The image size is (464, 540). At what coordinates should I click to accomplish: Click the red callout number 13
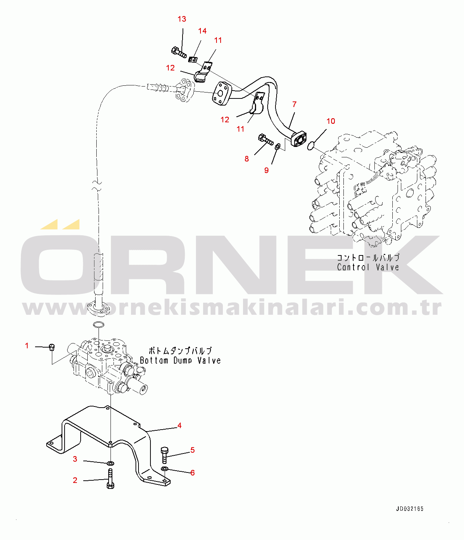click(182, 19)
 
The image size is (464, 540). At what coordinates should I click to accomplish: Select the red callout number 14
click(202, 31)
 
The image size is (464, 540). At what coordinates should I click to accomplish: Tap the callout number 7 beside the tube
click(295, 104)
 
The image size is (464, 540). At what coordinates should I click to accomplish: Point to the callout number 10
click(331, 121)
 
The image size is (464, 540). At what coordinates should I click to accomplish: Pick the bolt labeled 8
click(265, 140)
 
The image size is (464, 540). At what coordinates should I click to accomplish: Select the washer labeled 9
click(277, 147)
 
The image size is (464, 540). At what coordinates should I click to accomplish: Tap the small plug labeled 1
click(52, 348)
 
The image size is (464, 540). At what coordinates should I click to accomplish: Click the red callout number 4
click(180, 426)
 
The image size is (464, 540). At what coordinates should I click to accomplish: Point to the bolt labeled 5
click(165, 455)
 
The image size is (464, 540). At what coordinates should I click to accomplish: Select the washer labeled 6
click(165, 469)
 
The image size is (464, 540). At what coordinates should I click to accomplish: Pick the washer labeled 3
click(110, 463)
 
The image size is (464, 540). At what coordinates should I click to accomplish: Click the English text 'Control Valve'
click(368, 267)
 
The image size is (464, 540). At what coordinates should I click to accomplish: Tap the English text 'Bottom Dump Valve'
click(180, 361)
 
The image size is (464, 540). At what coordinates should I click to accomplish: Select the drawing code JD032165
click(409, 509)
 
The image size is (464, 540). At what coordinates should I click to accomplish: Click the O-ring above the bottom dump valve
click(98, 324)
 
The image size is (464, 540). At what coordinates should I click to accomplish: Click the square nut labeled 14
click(193, 59)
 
